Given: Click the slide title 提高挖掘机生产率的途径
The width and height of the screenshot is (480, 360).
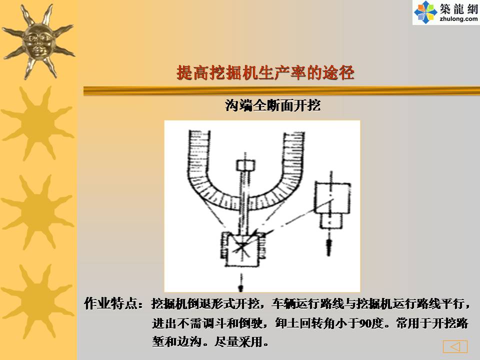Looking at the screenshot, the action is pos(265,73).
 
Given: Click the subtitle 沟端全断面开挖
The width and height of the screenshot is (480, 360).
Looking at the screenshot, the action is pos(273,105).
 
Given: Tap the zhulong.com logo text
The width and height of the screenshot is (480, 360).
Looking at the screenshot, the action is pos(458,19).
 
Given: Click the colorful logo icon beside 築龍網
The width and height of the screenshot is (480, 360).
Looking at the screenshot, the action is pos(425,12).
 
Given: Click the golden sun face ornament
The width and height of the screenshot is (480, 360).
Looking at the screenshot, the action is pos(38,41).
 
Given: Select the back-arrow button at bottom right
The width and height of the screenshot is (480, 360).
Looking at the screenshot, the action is pos(455,346).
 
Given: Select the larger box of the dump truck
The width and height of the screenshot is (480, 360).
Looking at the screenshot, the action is pos(332,198).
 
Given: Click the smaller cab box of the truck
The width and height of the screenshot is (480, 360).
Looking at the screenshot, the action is pos(330,220).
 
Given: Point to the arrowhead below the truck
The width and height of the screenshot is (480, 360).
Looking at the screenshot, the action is pos(329,246).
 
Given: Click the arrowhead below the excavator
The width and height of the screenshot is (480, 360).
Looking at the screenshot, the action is pos(241,288).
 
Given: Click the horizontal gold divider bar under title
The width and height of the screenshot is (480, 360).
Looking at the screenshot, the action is pos(281,91).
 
